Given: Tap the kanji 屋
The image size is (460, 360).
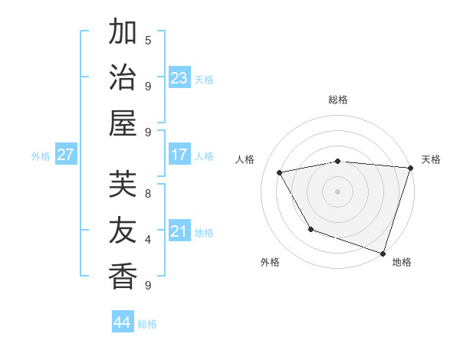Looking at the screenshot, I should [123, 123].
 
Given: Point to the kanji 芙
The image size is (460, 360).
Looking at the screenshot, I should [123, 185].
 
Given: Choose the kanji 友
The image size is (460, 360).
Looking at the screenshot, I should [123, 231].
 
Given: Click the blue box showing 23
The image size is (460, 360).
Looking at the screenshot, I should [179, 78].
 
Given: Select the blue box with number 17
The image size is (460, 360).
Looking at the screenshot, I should [179, 155].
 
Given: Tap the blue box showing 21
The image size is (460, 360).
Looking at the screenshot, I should [179, 231].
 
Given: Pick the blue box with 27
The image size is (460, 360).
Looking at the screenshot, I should [66, 155].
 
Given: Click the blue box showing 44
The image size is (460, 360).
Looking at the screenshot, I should [123, 322].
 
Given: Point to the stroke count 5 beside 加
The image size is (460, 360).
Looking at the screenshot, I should [148, 40].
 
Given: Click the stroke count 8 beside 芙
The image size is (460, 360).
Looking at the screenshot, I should [148, 193].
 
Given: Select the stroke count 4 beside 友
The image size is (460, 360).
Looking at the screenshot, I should [148, 239].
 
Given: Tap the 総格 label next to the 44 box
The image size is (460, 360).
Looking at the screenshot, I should [147, 324].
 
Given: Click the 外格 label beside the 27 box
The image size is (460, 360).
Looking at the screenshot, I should [41, 156].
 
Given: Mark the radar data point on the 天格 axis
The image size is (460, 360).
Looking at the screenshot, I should [410, 169].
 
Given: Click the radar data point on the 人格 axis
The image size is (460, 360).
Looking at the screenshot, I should [280, 173].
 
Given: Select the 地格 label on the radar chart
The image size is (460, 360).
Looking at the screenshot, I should [402, 262].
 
